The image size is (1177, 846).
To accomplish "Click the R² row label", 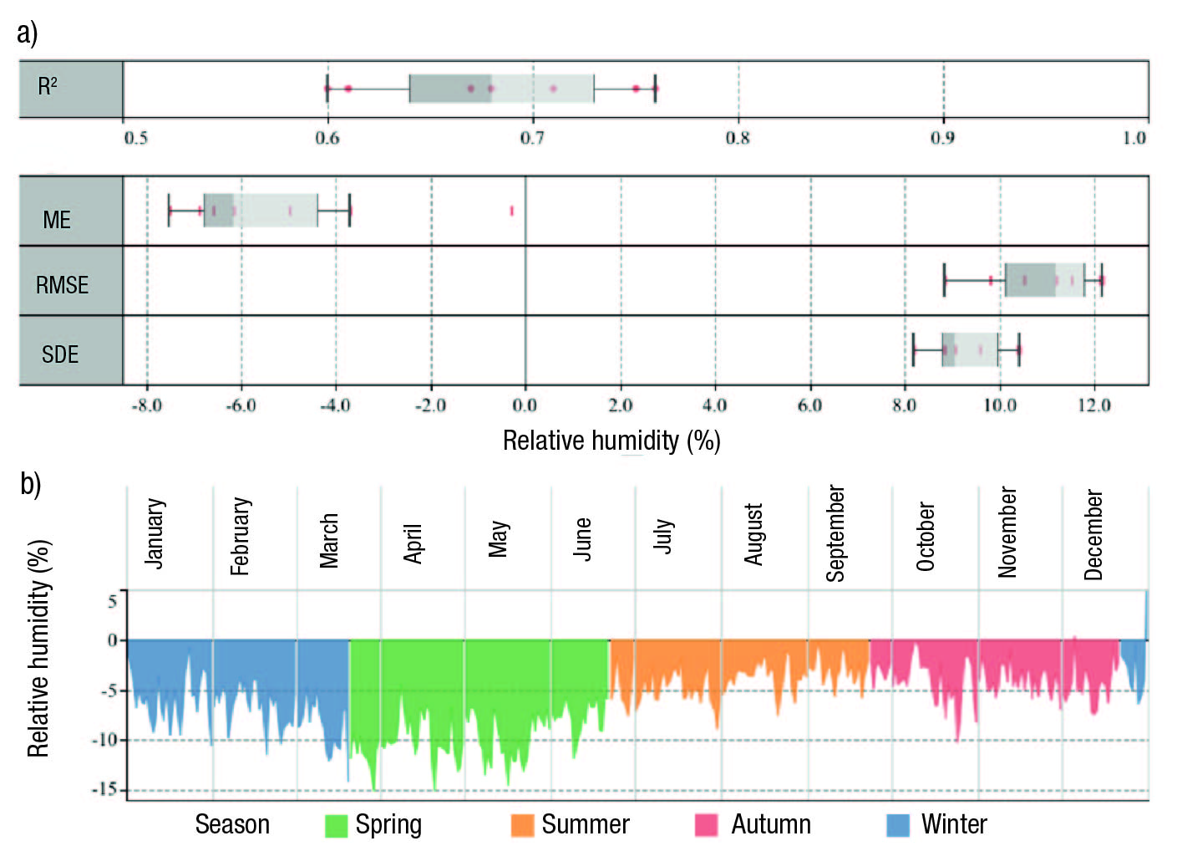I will (48, 86).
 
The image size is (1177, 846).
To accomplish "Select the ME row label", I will (57, 220).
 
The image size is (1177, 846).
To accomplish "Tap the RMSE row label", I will (62, 285).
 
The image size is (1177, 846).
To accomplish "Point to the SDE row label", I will (60, 354).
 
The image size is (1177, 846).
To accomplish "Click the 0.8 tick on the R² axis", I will (738, 137).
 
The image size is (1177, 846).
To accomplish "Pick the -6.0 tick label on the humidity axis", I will (241, 405).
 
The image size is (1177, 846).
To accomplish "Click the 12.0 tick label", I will (1093, 405).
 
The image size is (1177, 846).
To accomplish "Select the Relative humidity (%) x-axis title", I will (611, 440).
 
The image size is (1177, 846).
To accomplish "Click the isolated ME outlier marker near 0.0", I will (511, 211).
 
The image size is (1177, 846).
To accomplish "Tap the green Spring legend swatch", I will (336, 825).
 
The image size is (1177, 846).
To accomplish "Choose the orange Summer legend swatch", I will (522, 825).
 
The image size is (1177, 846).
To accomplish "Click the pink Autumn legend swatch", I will (707, 825).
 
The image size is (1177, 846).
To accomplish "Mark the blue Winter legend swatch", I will (897, 825).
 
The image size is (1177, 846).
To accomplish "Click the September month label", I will (835, 533).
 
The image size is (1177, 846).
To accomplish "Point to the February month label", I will (241, 536).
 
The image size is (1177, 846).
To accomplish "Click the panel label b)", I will (30, 483).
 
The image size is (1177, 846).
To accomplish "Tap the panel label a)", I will (27, 33).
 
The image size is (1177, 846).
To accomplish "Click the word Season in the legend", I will (232, 824).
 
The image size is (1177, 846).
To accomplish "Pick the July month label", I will (663, 536).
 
